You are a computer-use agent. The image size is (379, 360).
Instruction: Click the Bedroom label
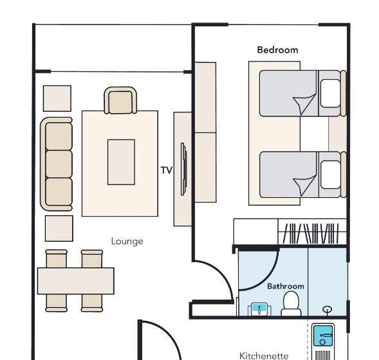(277, 50)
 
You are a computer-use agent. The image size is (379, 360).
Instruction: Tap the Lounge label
(127, 242)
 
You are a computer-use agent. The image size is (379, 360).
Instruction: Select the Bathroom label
(286, 286)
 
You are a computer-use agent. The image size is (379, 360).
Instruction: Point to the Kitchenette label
(264, 356)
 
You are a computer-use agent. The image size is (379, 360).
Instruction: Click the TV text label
(167, 170)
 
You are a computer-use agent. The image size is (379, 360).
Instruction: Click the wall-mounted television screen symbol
(183, 169)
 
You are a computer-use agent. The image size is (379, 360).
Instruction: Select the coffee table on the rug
(121, 162)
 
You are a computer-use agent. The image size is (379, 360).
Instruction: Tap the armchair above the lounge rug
(120, 100)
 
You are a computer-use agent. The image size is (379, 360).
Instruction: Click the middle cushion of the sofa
(59, 164)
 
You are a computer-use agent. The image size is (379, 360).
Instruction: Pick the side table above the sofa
(57, 98)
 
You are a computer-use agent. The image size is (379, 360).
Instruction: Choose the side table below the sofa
(59, 228)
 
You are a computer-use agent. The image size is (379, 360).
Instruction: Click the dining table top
(76, 281)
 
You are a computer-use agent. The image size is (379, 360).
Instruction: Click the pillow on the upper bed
(330, 93)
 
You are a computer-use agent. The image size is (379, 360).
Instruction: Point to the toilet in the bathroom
(291, 303)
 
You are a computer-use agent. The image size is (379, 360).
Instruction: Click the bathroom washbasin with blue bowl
(259, 309)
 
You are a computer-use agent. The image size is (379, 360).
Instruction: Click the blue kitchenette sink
(323, 336)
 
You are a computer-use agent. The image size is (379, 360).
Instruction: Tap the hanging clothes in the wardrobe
(311, 233)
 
